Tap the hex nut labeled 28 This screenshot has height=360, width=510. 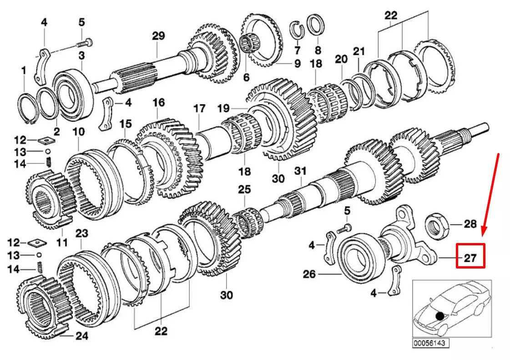pyautogui.click(x=437, y=224)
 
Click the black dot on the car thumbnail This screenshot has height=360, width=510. pyautogui.click(x=439, y=315)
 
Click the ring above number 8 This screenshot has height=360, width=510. pyautogui.click(x=315, y=25)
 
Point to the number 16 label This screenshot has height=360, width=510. pyautogui.click(x=158, y=103)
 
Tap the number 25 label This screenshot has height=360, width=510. pyautogui.click(x=244, y=188)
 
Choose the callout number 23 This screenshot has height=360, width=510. pyautogui.click(x=81, y=233)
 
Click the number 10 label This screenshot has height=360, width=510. pyautogui.click(x=78, y=132)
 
